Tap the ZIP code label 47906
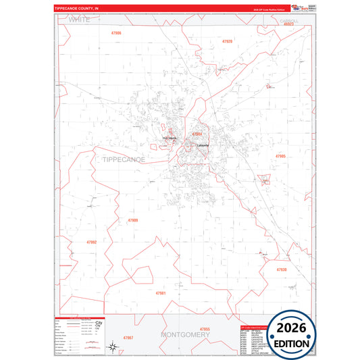pos(115,32)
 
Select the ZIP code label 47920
pos(227,41)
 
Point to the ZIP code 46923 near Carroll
pos(288,24)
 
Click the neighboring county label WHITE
pos(79,21)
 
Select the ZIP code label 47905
pos(280,156)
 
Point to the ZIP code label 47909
pos(132,220)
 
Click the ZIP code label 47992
pos(92,242)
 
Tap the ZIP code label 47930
pos(281,269)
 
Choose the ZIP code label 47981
pos(161,293)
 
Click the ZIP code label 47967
pos(128,336)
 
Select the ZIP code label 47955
pos(205,329)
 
